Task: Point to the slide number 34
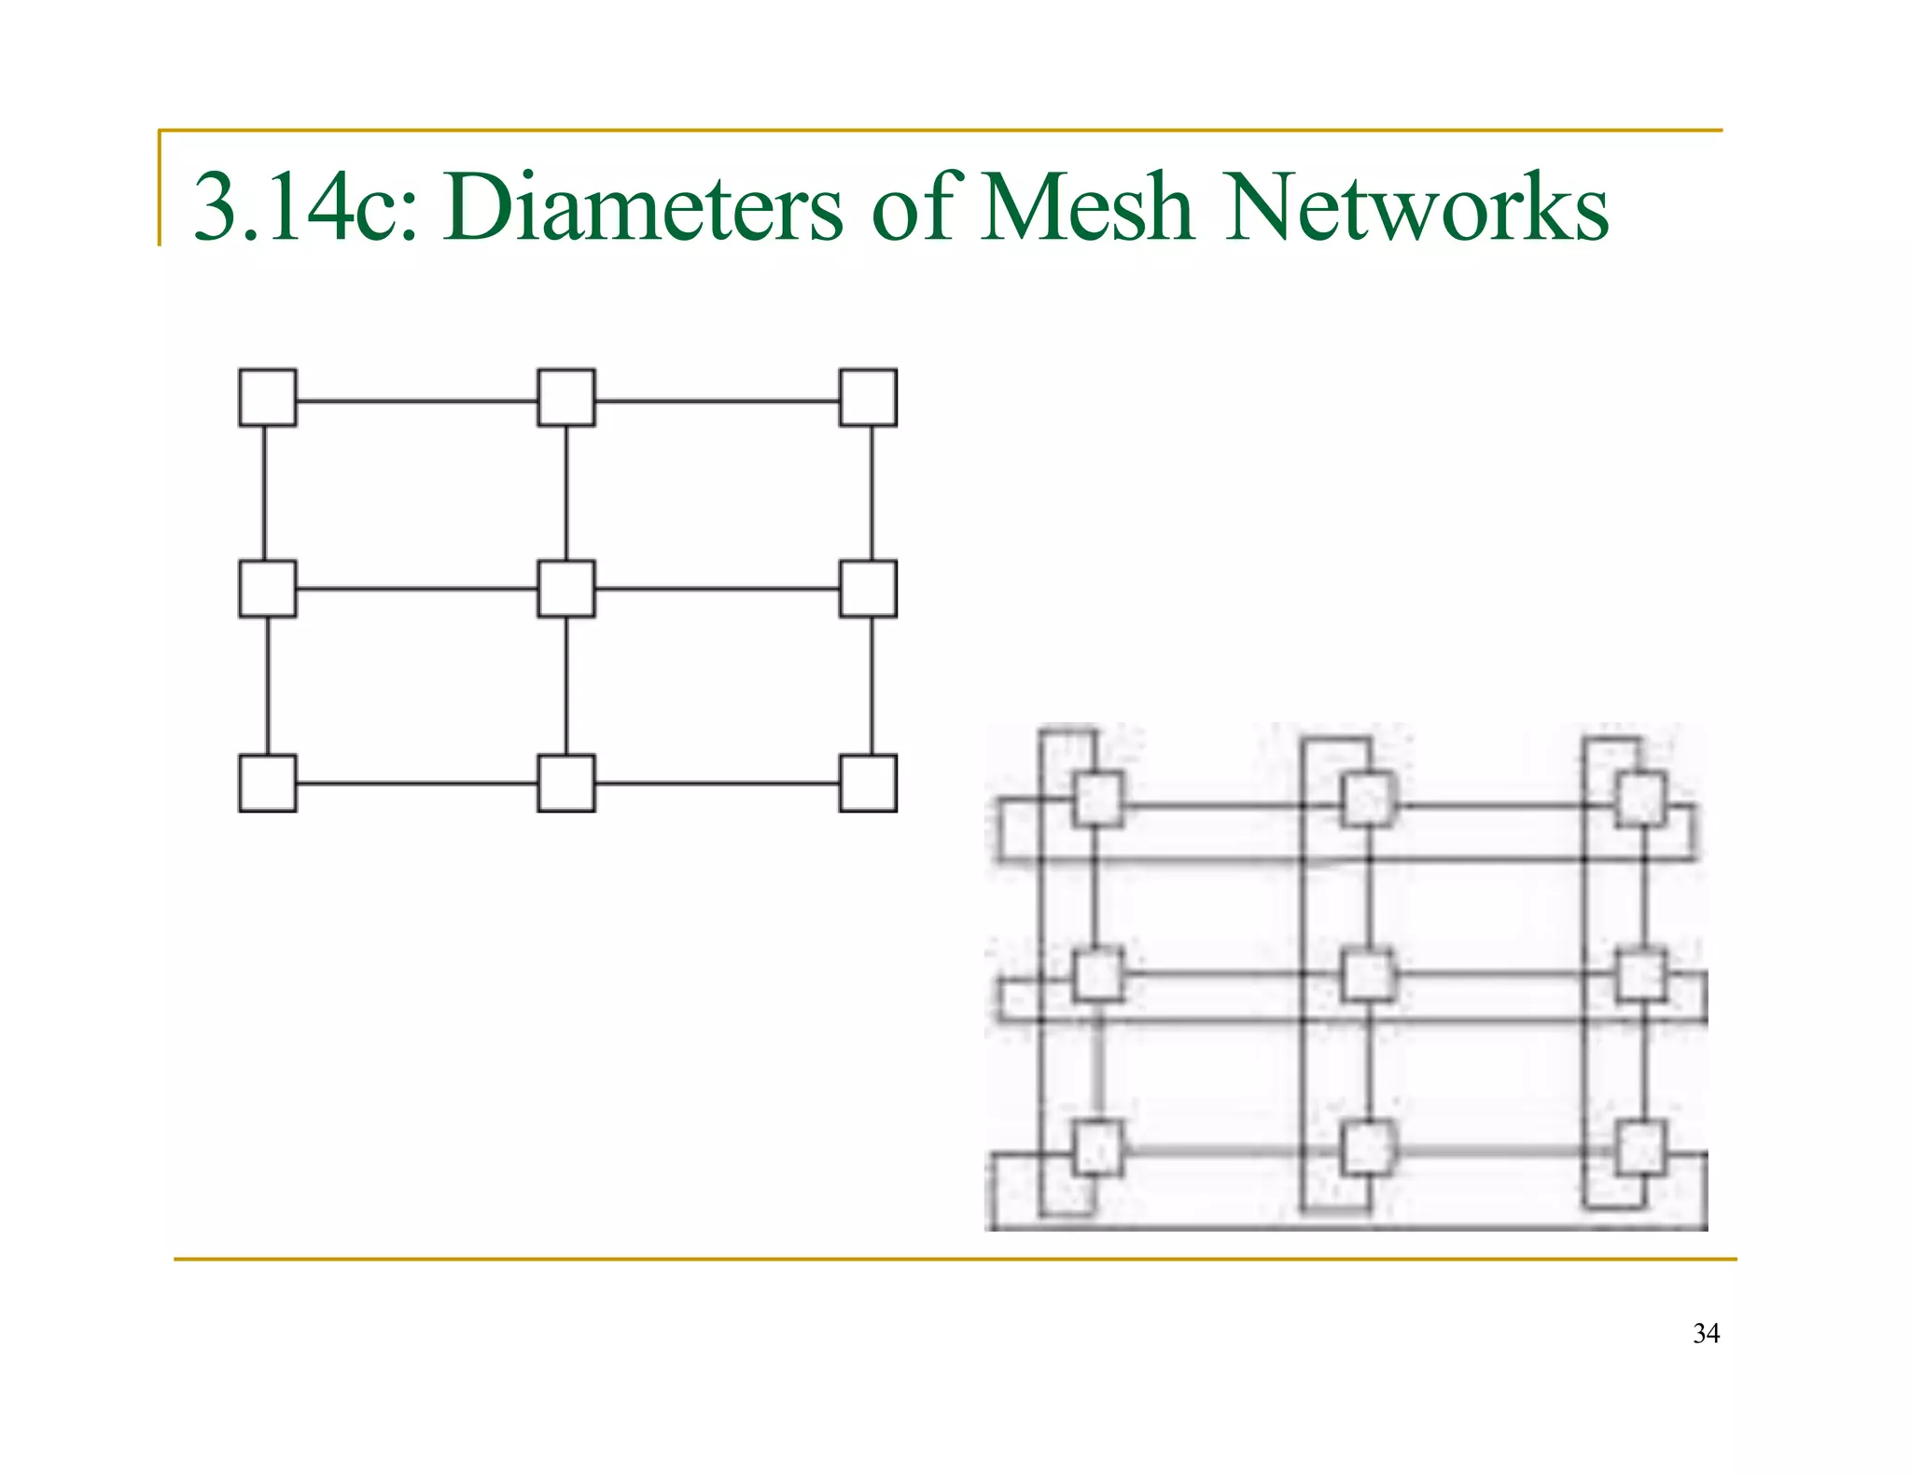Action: pyautogui.click(x=1706, y=1333)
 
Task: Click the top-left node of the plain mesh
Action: pyautogui.click(x=268, y=397)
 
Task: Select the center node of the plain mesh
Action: pyautogui.click(x=566, y=589)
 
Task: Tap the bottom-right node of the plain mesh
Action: pyautogui.click(x=868, y=783)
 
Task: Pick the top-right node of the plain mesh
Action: pyautogui.click(x=868, y=397)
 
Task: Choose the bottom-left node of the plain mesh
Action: pyautogui.click(x=268, y=783)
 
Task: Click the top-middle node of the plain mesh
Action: pyautogui.click(x=566, y=397)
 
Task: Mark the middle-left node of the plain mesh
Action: pyautogui.click(x=268, y=589)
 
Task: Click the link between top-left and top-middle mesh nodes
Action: pyautogui.click(x=417, y=401)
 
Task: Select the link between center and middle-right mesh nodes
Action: pyautogui.click(x=717, y=589)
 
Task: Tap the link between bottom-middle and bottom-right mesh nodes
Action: pyautogui.click(x=717, y=783)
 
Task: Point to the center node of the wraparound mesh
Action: pyautogui.click(x=1368, y=975)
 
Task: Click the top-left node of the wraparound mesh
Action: pyautogui.click(x=1097, y=799)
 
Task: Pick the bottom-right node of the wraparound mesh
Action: pyautogui.click(x=1641, y=1148)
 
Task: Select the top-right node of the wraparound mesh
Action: pyautogui.click(x=1641, y=799)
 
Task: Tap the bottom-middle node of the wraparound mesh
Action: pyautogui.click(x=1368, y=1148)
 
